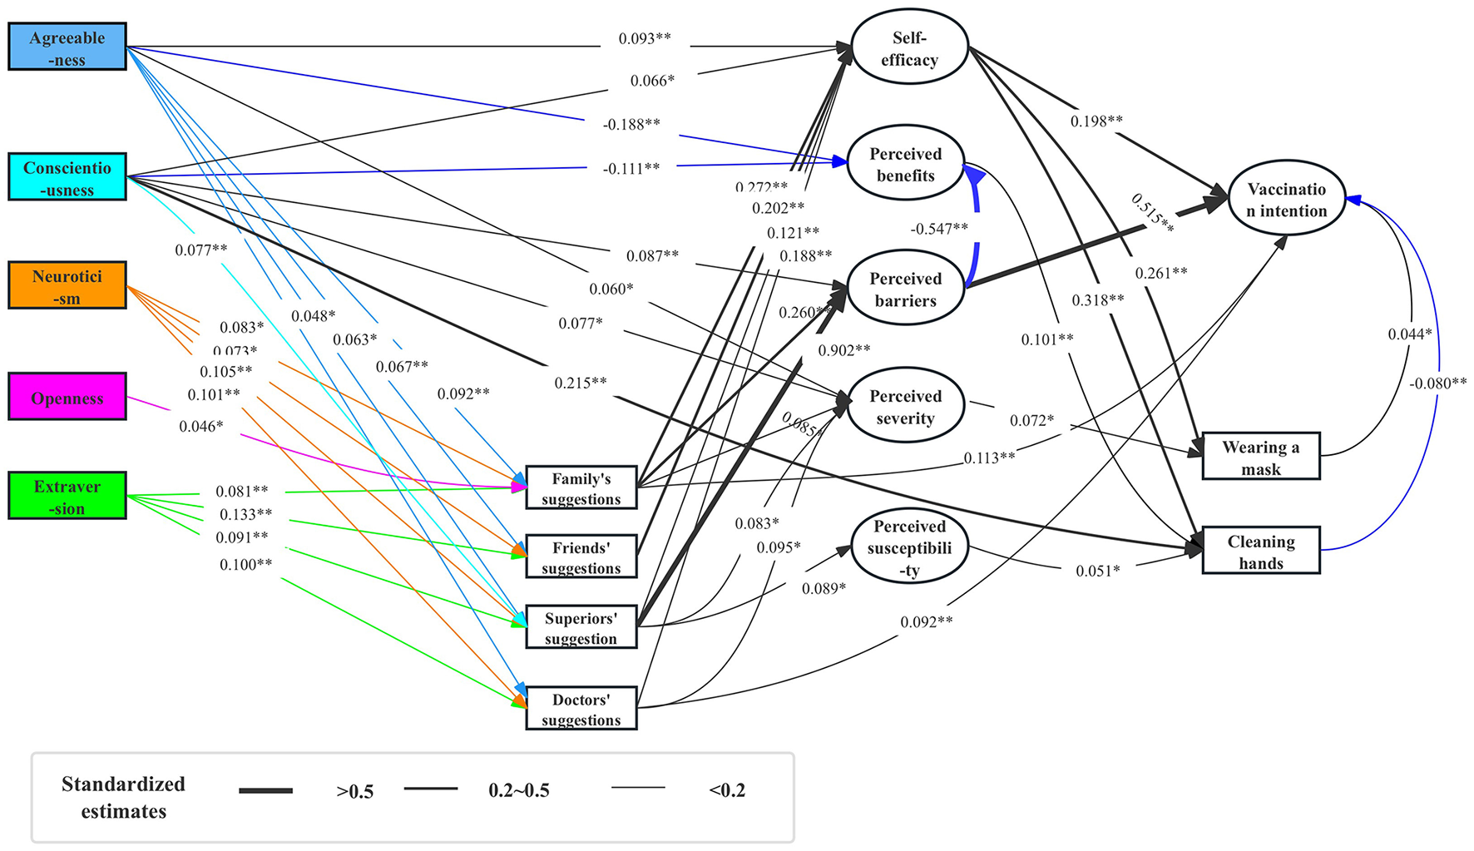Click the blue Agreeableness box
click(x=67, y=47)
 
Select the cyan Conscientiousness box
click(x=67, y=176)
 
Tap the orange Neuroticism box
click(x=67, y=285)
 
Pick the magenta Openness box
click(x=67, y=397)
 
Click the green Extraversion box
click(x=67, y=496)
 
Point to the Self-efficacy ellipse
click(x=909, y=47)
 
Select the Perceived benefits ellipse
click(x=905, y=164)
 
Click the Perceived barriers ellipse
click(x=905, y=289)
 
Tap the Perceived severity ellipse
click(x=905, y=406)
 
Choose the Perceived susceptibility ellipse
click(x=909, y=547)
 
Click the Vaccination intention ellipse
click(x=1286, y=199)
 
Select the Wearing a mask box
click(x=1260, y=457)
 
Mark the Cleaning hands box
click(x=1260, y=551)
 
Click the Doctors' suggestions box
click(x=581, y=709)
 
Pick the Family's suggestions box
click(x=581, y=487)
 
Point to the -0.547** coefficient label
click(x=938, y=229)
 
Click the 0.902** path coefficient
click(x=843, y=351)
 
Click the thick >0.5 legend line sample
click(x=265, y=790)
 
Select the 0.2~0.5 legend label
click(x=518, y=790)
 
